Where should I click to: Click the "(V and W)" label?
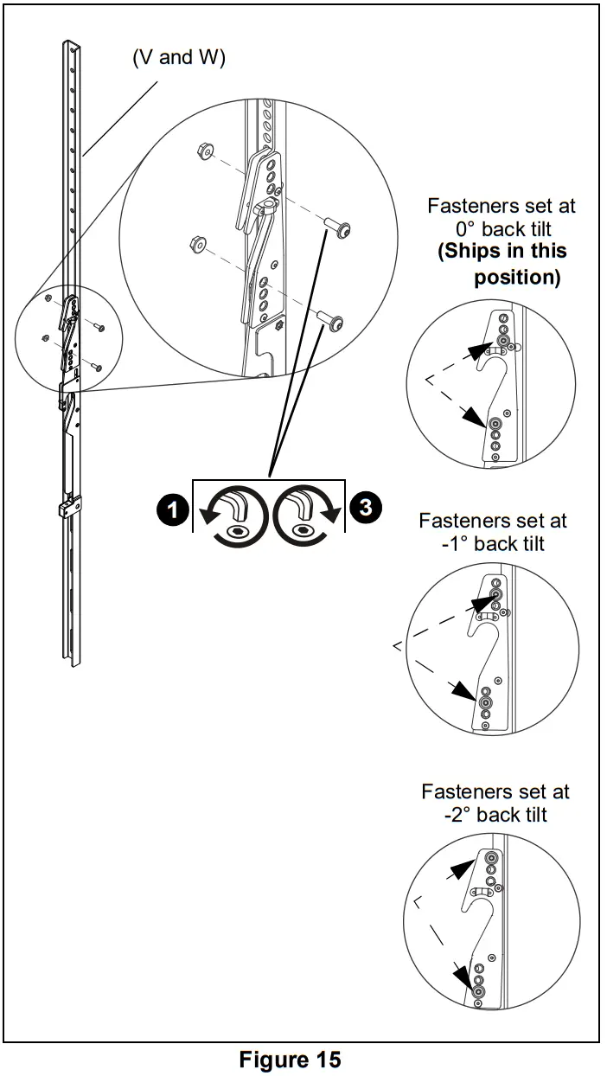(178, 57)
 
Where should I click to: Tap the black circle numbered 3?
(366, 507)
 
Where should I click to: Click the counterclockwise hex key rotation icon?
(233, 516)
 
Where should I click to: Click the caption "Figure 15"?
(290, 1060)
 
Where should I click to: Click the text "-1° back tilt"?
(493, 544)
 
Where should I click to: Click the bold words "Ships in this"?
(502, 252)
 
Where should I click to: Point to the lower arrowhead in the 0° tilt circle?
(473, 416)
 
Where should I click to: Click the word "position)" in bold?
(516, 278)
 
